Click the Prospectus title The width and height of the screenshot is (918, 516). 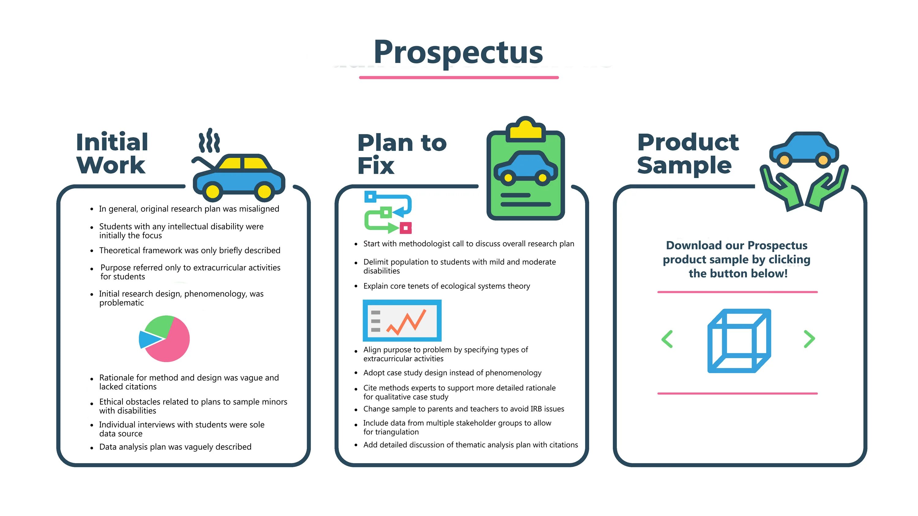point(458,53)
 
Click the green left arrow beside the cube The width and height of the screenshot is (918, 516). point(667,339)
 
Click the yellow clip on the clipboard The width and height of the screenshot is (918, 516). point(526,130)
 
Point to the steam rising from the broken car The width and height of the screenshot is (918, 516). point(209,141)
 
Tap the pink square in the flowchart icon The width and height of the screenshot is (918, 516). point(405,228)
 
